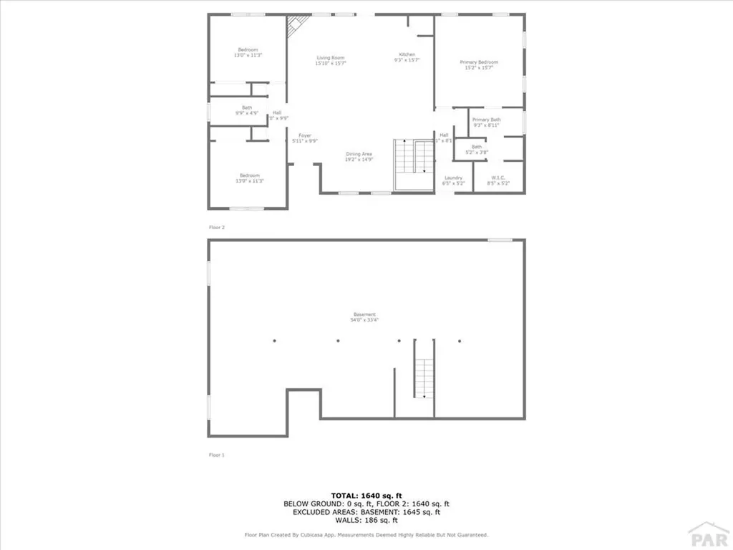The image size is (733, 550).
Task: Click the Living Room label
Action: [x=331, y=58]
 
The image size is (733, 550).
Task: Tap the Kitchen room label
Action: [x=407, y=55]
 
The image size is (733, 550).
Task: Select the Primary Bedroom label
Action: [x=479, y=62]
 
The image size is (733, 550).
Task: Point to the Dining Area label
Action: [x=359, y=154]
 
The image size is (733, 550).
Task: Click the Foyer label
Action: [x=305, y=135]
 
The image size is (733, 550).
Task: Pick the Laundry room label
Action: [x=454, y=178]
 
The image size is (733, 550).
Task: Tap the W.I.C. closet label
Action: [x=499, y=178]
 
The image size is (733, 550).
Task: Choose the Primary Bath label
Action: [x=486, y=120]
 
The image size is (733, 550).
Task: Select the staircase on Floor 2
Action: [x=416, y=158]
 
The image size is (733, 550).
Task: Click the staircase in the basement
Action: [x=424, y=370]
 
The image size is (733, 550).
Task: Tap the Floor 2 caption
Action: [x=216, y=228]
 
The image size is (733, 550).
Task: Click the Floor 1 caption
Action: [x=216, y=455]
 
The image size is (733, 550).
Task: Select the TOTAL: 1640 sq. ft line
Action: [x=366, y=496]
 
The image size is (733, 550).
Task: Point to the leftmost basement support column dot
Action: [x=274, y=341]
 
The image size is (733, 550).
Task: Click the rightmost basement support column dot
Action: [x=460, y=341]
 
